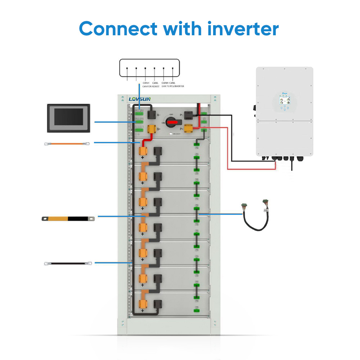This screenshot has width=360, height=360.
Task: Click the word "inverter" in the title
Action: tap(243, 28)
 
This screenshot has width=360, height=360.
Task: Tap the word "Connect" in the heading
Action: tap(118, 28)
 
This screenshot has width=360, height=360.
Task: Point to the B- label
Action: tap(158, 116)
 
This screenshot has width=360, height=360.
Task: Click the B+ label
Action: tap(158, 129)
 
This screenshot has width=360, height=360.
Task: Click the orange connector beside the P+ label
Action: tap(189, 127)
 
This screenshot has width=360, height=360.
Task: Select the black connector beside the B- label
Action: tap(151, 115)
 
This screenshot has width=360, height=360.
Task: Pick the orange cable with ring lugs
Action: tap(67, 144)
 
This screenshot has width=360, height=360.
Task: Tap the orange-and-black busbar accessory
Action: tap(68, 218)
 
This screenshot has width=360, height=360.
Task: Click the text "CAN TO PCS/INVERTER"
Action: tap(168, 86)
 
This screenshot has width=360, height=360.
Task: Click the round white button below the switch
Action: tap(171, 134)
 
